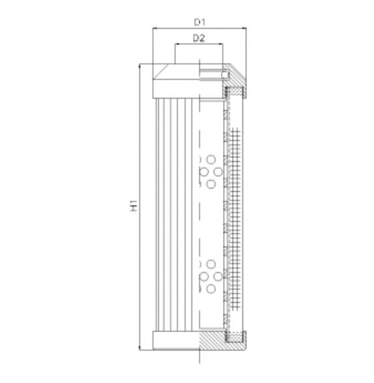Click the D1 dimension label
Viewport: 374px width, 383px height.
199,22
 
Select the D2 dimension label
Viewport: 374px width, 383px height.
199,38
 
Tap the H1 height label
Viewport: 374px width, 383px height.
134,206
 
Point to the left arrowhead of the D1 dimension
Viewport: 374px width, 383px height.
154,29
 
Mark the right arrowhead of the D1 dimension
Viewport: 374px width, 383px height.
244,29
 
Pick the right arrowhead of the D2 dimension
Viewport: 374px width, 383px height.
222,45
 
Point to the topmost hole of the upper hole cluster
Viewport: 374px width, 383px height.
210,159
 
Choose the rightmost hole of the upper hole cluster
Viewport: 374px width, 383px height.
218,172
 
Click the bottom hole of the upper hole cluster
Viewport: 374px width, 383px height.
210,185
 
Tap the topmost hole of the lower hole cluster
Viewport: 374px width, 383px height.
210,263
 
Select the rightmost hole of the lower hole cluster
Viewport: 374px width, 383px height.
218,276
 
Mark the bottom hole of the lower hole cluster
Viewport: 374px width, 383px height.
210,289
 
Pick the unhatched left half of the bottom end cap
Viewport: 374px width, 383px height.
175,340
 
